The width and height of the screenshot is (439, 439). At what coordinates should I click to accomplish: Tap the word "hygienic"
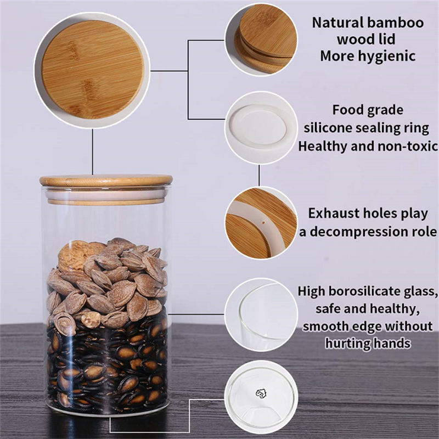tap(387, 57)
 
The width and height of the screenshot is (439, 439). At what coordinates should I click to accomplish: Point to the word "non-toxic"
tap(407, 146)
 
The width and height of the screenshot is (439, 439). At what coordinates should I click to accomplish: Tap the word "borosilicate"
tap(365, 291)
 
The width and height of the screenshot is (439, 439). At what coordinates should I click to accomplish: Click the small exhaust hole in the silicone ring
tap(263, 223)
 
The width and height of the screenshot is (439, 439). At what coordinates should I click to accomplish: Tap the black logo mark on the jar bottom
tap(261, 393)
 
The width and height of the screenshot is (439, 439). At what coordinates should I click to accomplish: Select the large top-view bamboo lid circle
tap(92, 70)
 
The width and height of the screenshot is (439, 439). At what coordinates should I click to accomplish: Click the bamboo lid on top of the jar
tap(106, 181)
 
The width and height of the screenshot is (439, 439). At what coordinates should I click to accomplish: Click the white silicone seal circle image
tap(261, 128)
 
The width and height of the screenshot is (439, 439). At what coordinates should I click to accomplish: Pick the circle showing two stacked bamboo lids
tap(261, 40)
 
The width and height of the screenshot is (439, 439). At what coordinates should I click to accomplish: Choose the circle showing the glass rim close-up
tap(261, 314)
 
